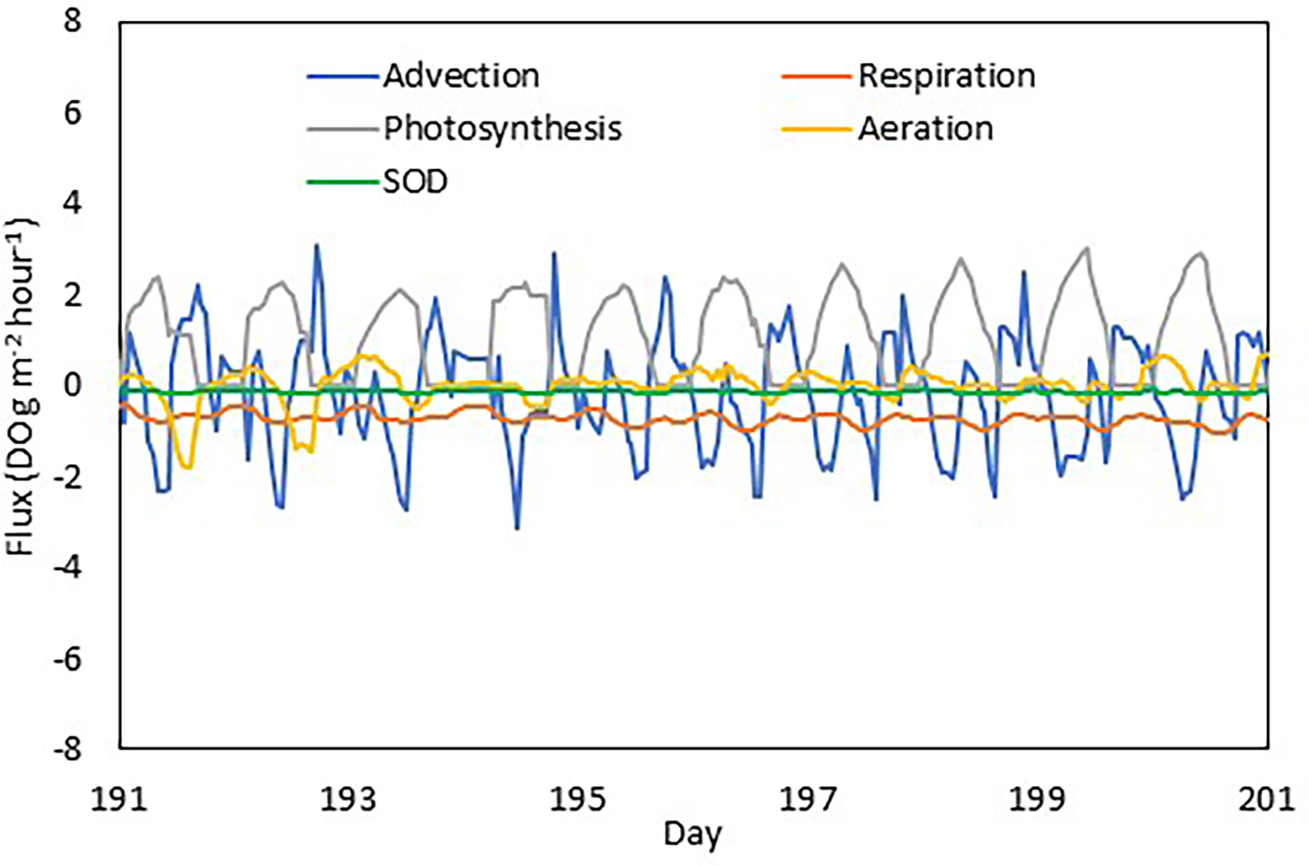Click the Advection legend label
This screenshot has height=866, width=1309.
coord(461,76)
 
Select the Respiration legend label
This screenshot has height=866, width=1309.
coord(946,76)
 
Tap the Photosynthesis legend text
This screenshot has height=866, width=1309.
coord(502,128)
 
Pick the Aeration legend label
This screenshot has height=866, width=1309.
coord(925,128)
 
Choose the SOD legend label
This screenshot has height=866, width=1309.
coord(415,181)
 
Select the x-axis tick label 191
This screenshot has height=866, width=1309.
coord(119,799)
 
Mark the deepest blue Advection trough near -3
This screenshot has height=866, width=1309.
coord(517,529)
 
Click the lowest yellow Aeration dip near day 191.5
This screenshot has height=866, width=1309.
coord(188,467)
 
